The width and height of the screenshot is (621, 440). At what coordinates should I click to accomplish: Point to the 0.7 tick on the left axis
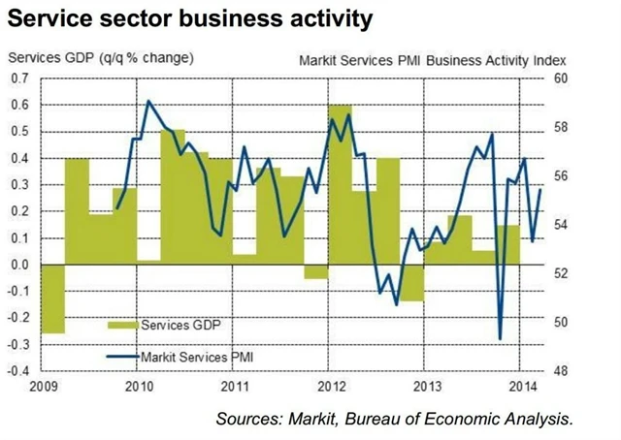coord(19,78)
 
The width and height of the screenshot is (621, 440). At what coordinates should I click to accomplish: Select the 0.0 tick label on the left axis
coord(19,264)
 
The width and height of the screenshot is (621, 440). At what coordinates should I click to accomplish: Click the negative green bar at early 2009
coord(52,299)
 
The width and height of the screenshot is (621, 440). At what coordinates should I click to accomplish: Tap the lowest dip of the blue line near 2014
coord(501,338)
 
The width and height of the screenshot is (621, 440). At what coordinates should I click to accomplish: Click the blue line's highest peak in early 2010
coord(148,101)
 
